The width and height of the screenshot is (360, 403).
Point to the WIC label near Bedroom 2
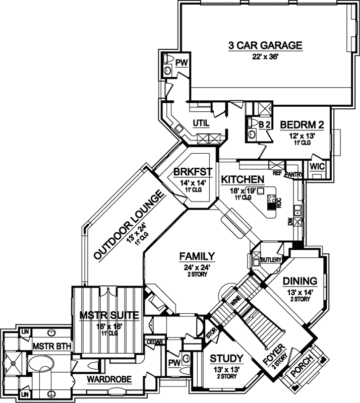click(318, 166)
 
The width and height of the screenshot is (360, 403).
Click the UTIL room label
click(201, 122)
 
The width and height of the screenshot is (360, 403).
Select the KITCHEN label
click(243, 179)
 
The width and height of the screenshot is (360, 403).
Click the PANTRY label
click(293, 174)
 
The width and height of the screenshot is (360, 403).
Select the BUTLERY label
click(270, 260)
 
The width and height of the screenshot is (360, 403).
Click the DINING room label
click(299, 281)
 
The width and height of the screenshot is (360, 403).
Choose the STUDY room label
click(226, 359)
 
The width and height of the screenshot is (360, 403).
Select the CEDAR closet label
click(154, 343)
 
